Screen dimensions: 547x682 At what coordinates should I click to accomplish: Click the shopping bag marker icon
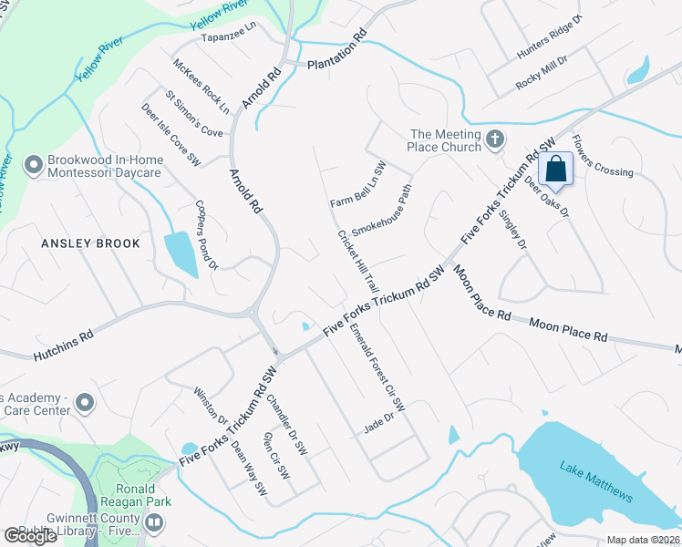tap(555, 169)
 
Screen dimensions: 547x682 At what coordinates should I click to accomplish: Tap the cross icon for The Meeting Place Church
tap(495, 139)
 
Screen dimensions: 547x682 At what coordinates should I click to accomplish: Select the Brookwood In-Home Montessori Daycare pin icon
tap(35, 165)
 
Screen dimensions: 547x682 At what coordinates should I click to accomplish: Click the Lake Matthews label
tap(595, 481)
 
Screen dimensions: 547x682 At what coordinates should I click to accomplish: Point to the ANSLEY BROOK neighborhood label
tap(91, 243)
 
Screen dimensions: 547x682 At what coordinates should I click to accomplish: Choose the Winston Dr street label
tap(211, 408)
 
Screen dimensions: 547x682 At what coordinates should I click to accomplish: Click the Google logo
tap(30, 536)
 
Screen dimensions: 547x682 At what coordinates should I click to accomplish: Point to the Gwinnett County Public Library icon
tap(153, 524)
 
